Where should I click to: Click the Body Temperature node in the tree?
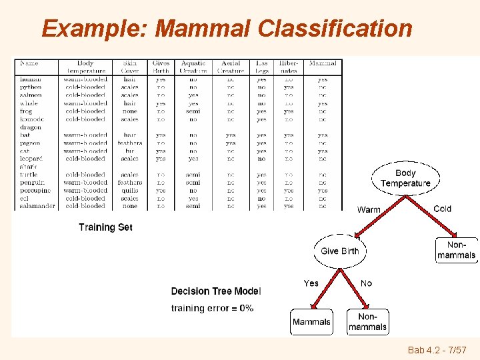(405, 178)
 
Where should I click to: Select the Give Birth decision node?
(339, 251)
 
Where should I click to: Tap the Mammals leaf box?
(311, 322)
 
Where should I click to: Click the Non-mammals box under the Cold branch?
(457, 250)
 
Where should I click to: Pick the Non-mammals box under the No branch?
(367, 322)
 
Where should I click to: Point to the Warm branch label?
(369, 209)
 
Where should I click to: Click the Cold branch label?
(442, 209)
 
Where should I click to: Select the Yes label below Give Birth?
(311, 283)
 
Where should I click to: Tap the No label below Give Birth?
(366, 283)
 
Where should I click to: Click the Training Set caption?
(105, 227)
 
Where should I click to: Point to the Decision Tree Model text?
(216, 291)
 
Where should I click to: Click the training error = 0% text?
(212, 308)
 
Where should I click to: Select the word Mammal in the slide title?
(203, 29)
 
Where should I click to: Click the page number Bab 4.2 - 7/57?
(436, 350)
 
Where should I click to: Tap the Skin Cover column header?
(130, 67)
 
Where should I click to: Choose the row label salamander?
(37, 206)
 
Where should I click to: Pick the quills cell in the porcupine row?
(130, 190)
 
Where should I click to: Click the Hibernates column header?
(288, 67)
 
